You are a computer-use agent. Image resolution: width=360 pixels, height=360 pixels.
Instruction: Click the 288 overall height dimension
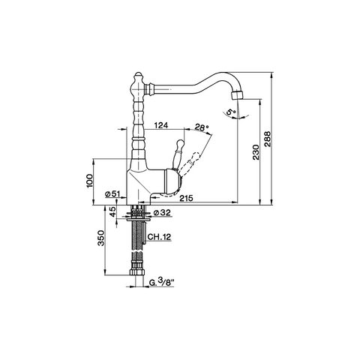click(x=267, y=139)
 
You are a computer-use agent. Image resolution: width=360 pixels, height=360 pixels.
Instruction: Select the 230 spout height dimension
click(x=256, y=152)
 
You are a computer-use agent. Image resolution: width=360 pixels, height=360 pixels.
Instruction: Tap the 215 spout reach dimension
click(x=187, y=198)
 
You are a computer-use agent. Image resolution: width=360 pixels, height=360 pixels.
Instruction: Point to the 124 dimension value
click(x=160, y=125)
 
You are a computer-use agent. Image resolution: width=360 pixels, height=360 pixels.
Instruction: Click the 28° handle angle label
click(x=202, y=127)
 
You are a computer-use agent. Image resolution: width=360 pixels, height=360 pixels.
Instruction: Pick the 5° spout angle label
click(x=230, y=112)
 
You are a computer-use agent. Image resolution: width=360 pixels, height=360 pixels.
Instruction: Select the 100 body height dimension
click(x=89, y=181)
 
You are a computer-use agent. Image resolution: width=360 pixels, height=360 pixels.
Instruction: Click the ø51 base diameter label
click(x=112, y=193)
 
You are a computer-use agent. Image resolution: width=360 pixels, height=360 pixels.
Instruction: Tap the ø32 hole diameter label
click(x=162, y=212)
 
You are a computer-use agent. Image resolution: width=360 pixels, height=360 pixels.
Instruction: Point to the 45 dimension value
click(x=113, y=211)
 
